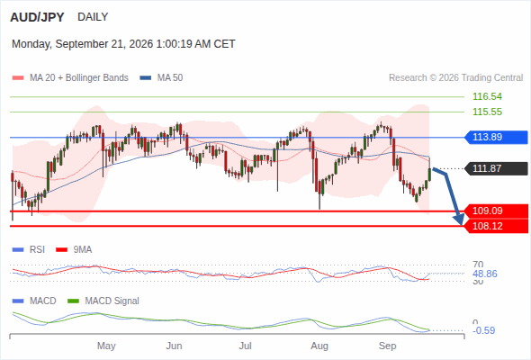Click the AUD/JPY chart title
point(37,17)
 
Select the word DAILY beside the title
point(93,17)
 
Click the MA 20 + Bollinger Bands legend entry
point(70,78)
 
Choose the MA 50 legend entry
point(161,78)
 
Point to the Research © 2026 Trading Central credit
point(455,78)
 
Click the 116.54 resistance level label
point(487,96)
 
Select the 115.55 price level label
point(487,112)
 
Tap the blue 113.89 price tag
point(496,137)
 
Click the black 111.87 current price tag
point(496,168)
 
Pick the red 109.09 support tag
point(496,211)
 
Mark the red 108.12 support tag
point(496,226)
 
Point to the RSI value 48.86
point(484,274)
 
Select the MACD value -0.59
point(483,330)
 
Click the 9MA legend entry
point(74,250)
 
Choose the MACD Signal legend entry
point(103,301)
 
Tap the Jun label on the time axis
point(174,346)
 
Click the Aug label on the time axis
point(319,346)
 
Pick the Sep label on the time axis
point(387,346)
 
